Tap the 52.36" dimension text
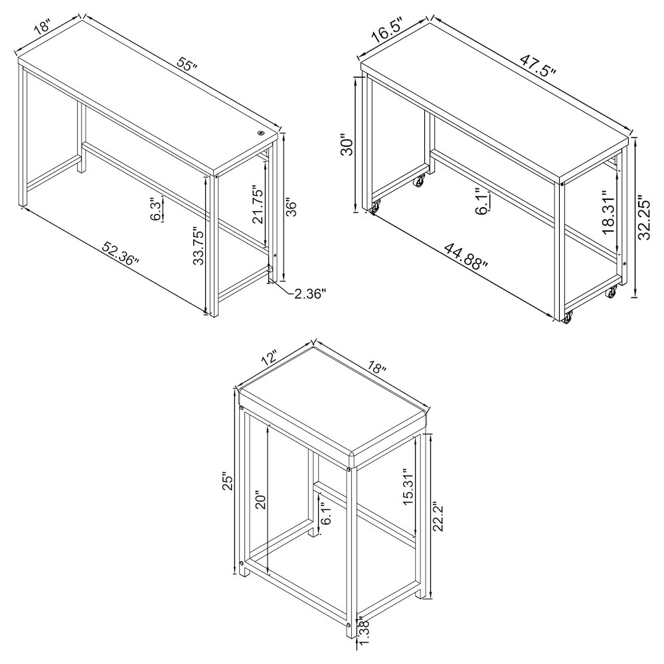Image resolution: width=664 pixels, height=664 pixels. point(121,254)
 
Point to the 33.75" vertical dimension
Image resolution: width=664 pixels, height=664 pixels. point(199,245)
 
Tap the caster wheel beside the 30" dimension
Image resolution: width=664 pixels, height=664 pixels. point(375,208)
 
